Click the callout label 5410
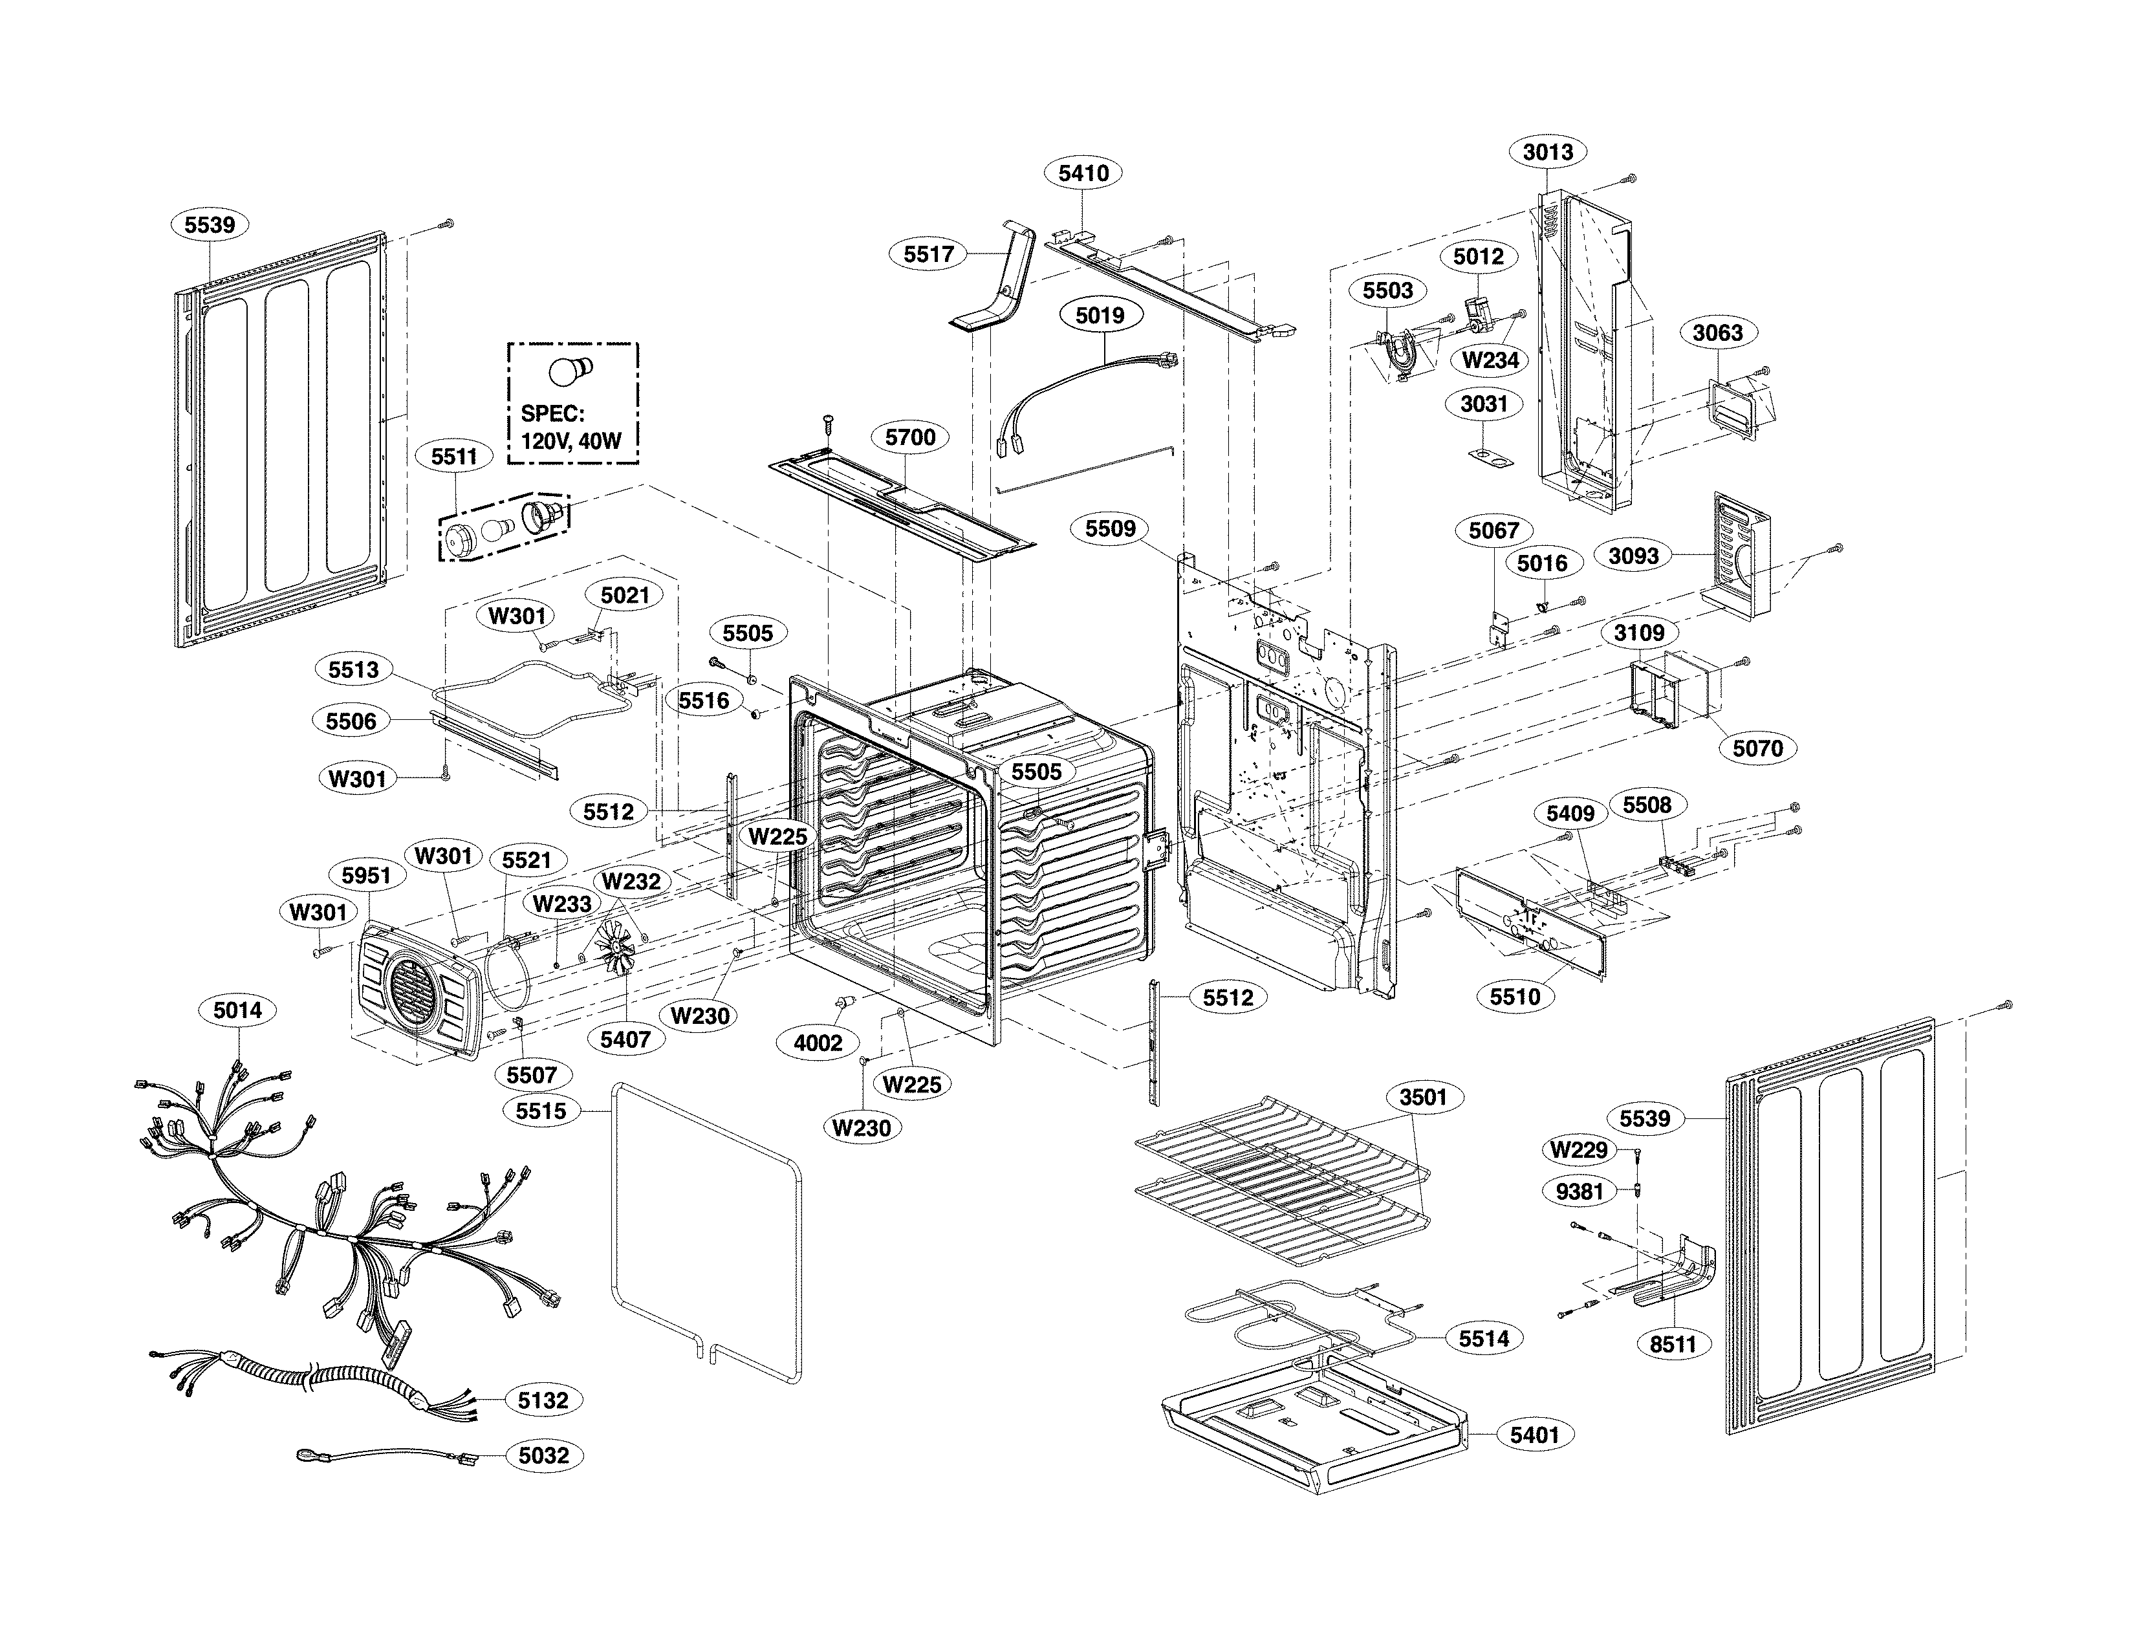click(x=1083, y=173)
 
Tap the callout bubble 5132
click(x=543, y=1400)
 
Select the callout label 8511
click(x=1673, y=1345)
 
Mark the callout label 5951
click(x=366, y=875)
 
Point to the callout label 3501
click(x=1422, y=1097)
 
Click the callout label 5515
click(x=541, y=1111)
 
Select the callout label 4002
click(x=817, y=1043)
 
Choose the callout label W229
click(x=1579, y=1149)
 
